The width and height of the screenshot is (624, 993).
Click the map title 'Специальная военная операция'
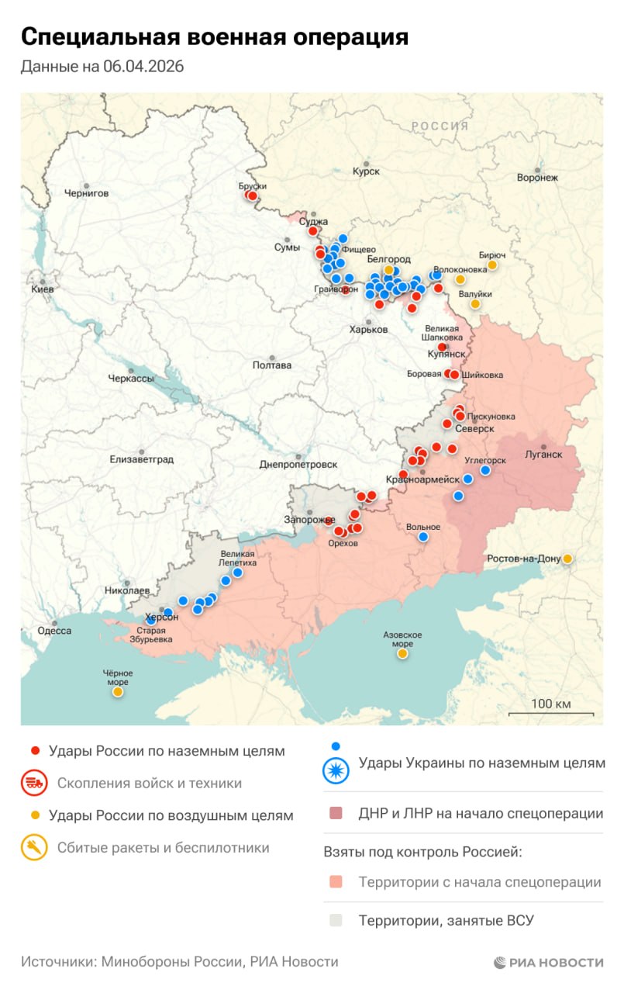click(x=214, y=36)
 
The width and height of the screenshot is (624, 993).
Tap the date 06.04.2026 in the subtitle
click(x=143, y=67)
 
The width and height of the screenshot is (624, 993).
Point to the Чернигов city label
click(x=86, y=193)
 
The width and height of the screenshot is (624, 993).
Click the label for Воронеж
click(x=537, y=178)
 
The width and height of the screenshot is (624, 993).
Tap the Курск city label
click(x=366, y=171)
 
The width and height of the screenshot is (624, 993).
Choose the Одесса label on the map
click(x=54, y=631)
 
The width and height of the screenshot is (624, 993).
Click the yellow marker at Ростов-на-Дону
click(x=567, y=559)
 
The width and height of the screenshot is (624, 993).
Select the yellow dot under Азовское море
click(x=402, y=654)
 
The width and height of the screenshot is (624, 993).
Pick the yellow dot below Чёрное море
click(x=118, y=691)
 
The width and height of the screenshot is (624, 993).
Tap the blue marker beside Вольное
click(x=423, y=537)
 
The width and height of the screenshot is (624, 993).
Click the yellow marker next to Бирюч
click(x=491, y=265)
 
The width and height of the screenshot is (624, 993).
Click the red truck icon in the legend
click(x=33, y=783)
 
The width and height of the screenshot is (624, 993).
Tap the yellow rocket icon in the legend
click(x=33, y=848)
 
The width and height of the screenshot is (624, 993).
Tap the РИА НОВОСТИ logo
click(x=548, y=963)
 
